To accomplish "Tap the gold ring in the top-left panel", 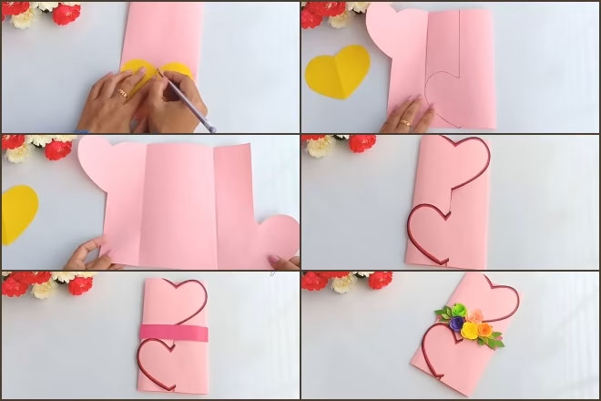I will coord(123,92).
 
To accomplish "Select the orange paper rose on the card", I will coord(484,330).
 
